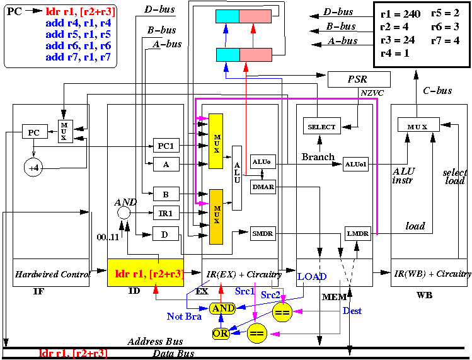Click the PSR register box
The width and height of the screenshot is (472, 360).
pyautogui.click(x=359, y=79)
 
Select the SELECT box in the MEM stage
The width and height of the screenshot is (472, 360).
pyautogui.click(x=322, y=126)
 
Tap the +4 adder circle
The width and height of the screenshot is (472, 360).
pyautogui.click(x=33, y=168)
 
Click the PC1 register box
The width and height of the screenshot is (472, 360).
pyautogui.click(x=166, y=146)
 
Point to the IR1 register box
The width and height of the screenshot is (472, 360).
pyautogui.click(x=166, y=213)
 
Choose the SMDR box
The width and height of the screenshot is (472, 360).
pyautogui.click(x=263, y=233)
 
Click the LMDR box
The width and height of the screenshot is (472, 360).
pyautogui.click(x=357, y=233)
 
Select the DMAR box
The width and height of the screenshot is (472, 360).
pyautogui.click(x=263, y=187)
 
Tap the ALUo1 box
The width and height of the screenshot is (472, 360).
pyautogui.click(x=355, y=164)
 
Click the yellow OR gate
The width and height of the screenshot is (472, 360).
pyautogui.click(x=221, y=334)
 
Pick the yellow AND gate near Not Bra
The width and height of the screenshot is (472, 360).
pyautogui.click(x=222, y=308)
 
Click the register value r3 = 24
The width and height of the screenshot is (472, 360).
pyautogui.click(x=398, y=40)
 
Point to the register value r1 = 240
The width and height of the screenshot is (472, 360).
pyautogui.click(x=400, y=14)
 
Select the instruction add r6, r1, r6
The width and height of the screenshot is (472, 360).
pyautogui.click(x=78, y=46)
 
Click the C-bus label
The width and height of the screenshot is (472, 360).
pyautogui.click(x=437, y=90)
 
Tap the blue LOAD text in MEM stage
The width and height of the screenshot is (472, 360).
pyautogui.click(x=312, y=277)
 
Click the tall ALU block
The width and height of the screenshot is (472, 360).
pyautogui.click(x=237, y=178)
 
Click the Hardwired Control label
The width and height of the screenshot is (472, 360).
pyautogui.click(x=53, y=274)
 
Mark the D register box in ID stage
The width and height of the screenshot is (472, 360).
pyautogui.click(x=166, y=234)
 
